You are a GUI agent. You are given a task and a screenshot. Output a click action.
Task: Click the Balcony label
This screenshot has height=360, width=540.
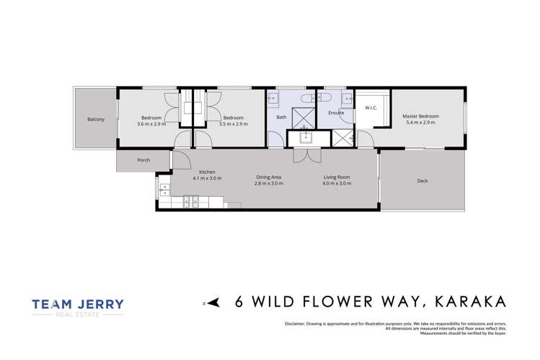[96, 119]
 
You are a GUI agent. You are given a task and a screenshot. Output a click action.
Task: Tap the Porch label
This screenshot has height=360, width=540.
[143, 160]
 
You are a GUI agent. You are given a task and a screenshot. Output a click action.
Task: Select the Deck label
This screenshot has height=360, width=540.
[422, 181]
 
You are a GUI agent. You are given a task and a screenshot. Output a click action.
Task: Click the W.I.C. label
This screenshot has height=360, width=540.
[371, 109]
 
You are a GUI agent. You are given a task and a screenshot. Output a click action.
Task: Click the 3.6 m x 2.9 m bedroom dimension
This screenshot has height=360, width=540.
[151, 124]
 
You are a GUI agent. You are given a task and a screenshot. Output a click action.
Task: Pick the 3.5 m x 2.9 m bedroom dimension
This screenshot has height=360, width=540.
[233, 124]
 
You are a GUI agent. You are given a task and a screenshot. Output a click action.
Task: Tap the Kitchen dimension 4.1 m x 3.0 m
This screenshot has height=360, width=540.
[207, 178]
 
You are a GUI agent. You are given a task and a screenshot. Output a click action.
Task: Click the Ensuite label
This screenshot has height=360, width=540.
[336, 113]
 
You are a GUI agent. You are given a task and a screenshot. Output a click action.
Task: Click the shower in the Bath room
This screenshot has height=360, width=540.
[305, 117]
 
